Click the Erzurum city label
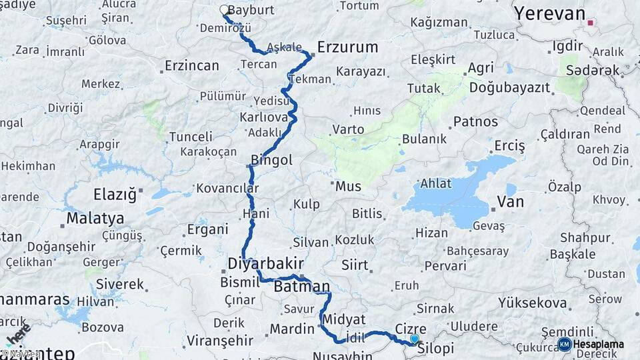(347, 47)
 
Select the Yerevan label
(550, 13)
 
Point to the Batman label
(302, 287)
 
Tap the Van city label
(510, 202)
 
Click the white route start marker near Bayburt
(224, 10)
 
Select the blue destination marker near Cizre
(415, 339)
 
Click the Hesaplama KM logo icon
(565, 345)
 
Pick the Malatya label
(95, 218)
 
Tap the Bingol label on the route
(271, 161)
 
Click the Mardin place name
(291, 329)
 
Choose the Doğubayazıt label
(509, 87)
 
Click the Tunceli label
(191, 137)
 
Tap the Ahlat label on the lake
(436, 183)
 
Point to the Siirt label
(355, 265)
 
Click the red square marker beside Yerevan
(591, 22)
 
